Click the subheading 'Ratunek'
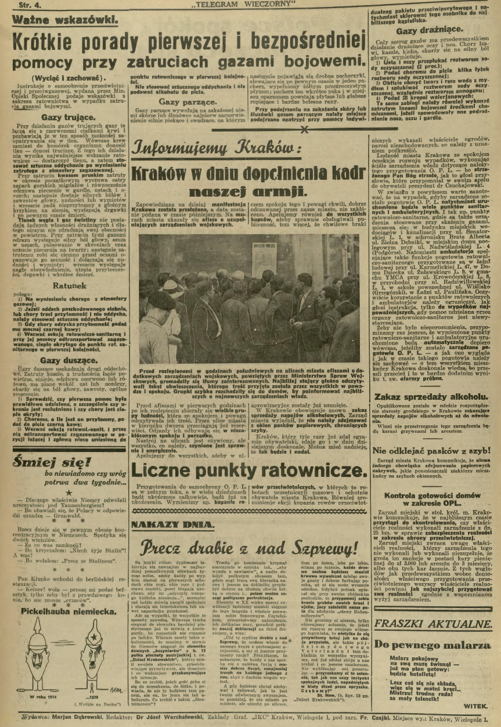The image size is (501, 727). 70,285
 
